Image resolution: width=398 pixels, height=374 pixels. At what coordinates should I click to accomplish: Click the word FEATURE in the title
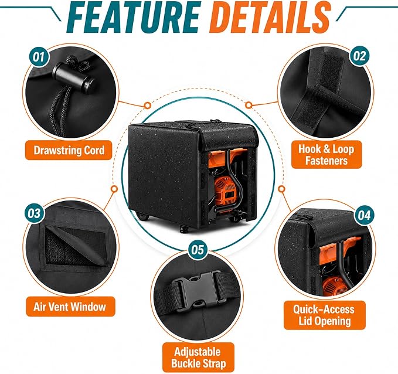tap(133, 17)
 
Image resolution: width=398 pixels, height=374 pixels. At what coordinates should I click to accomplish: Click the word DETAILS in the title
tap(270, 17)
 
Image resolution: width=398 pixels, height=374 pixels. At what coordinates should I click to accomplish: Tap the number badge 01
tap(39, 57)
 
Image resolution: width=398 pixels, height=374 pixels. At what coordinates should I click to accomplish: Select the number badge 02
tap(359, 56)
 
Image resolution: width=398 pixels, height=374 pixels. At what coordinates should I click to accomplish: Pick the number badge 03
tap(34, 213)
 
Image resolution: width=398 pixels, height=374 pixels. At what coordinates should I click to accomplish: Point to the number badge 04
tap(364, 215)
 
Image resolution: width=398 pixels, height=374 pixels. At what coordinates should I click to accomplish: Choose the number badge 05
tap(198, 250)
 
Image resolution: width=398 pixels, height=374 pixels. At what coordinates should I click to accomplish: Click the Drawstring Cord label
tap(69, 150)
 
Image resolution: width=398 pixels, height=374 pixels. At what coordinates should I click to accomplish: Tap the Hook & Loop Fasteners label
tap(326, 155)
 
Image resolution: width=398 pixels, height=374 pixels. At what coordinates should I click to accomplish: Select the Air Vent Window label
tap(70, 307)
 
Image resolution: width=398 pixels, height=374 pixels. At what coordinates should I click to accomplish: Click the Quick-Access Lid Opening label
tap(324, 315)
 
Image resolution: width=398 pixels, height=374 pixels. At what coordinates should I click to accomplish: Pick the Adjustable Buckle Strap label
tap(198, 358)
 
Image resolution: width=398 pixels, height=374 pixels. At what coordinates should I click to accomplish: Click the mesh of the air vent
tap(74, 246)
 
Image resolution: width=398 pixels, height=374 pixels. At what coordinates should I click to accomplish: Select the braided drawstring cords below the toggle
tap(60, 109)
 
